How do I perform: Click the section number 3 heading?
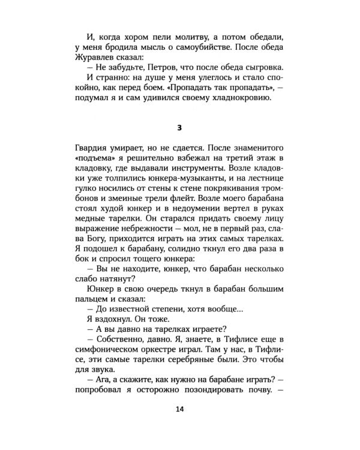click(x=180, y=128)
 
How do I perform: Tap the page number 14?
click(x=180, y=409)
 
